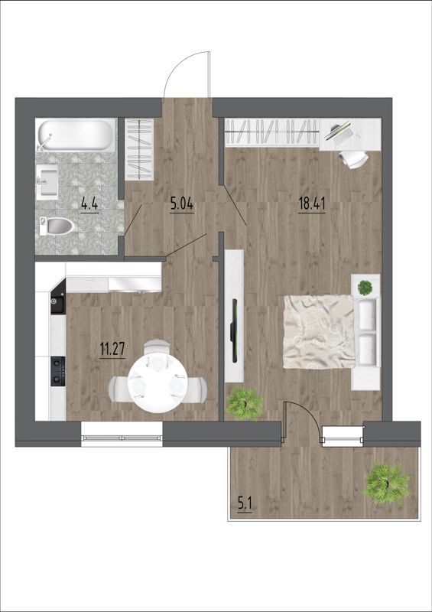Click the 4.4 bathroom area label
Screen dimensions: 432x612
pos(89,203)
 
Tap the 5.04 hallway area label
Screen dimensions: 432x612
pos(182,203)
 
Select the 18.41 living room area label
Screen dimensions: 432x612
pos(312,203)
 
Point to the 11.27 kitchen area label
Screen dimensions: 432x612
pos(112,349)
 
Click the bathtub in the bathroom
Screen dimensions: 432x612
pos(76,135)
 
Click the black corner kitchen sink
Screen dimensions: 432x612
pos(57,301)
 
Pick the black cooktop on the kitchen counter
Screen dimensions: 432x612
pos(57,371)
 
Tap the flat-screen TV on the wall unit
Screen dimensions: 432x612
pos(235,330)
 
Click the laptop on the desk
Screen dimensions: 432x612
pos(339,131)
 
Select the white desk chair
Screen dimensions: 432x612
pos(353,159)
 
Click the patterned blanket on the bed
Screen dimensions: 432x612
pos(319,331)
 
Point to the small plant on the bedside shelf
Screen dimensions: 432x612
pos(365,288)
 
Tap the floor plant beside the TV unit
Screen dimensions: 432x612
pos(245,404)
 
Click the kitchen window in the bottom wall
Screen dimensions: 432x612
pos(122,435)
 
